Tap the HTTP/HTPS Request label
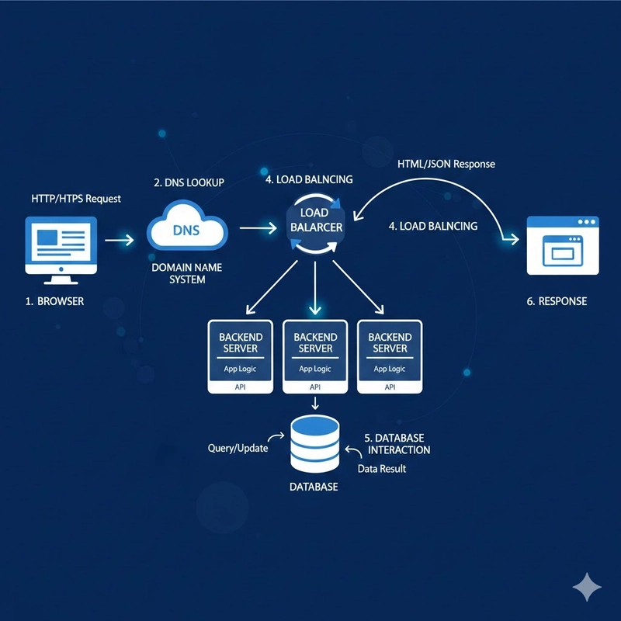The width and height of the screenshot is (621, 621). [76, 199]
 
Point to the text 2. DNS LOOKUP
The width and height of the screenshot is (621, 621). [189, 182]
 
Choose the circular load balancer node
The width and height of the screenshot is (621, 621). [315, 224]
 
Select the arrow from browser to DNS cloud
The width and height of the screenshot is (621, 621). [120, 240]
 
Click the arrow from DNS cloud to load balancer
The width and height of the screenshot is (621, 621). [258, 227]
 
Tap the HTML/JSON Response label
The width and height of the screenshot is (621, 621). [446, 164]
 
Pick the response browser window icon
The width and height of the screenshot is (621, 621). [563, 245]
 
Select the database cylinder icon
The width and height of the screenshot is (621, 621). [315, 444]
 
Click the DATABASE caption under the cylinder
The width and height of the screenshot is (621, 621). [314, 487]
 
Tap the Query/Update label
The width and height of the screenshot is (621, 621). [238, 449]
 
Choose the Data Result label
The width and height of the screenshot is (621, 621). [381, 469]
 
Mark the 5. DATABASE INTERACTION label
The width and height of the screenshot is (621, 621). [398, 444]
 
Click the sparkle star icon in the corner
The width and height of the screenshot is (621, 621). [586, 587]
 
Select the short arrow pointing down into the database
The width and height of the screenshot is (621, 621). [314, 404]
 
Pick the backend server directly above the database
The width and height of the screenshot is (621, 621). [315, 356]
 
